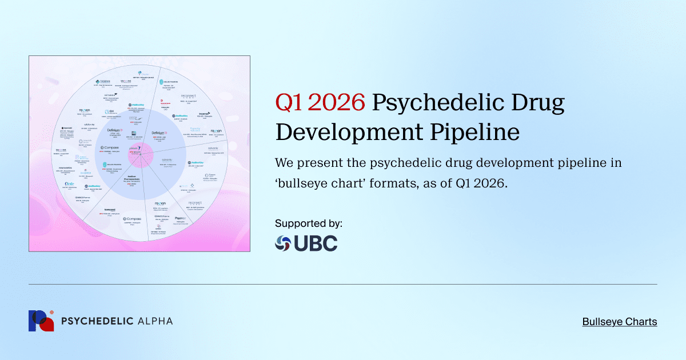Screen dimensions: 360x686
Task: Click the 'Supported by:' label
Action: pyautogui.click(x=309, y=223)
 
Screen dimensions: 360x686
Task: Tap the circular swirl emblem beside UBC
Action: pyautogui.click(x=283, y=243)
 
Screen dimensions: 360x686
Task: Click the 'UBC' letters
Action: pyautogui.click(x=316, y=243)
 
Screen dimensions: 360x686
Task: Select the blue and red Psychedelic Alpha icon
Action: pyautogui.click(x=41, y=321)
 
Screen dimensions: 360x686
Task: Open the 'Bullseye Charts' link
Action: pyautogui.click(x=620, y=322)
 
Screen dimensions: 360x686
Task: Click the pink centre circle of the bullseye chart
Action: pyautogui.click(x=139, y=154)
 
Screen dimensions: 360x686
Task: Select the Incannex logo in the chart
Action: pyautogui.click(x=205, y=114)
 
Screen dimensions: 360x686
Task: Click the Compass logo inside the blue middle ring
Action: pyautogui.click(x=110, y=147)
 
